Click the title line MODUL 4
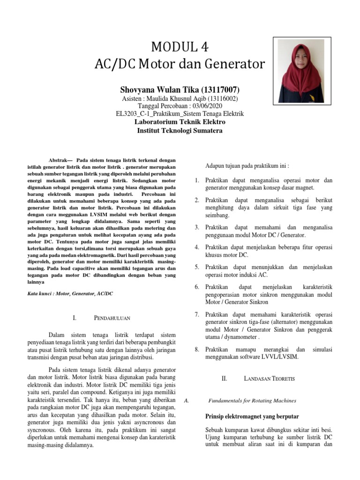(x=180, y=47)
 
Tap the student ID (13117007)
(x=220, y=90)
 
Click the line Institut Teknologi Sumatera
(x=180, y=131)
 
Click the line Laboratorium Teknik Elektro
(x=180, y=122)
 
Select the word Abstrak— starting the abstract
(x=61, y=159)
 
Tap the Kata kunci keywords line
(x=70, y=293)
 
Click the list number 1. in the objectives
(x=197, y=180)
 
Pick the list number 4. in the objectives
(x=197, y=247)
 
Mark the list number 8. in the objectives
(x=197, y=350)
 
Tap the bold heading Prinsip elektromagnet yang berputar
(x=252, y=416)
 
